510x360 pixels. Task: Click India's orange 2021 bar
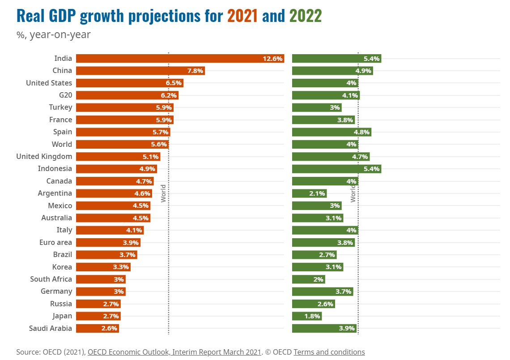click(x=179, y=58)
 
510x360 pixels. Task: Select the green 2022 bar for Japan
click(x=306, y=316)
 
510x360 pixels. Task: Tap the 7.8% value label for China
click(x=195, y=71)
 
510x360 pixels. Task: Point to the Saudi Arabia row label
click(x=51, y=328)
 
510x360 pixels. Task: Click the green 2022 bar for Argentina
click(x=309, y=193)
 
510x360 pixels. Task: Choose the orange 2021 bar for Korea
click(x=103, y=267)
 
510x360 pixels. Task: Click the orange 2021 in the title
click(x=242, y=16)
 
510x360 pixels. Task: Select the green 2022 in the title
click(x=306, y=16)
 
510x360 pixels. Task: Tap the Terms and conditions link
click(x=329, y=352)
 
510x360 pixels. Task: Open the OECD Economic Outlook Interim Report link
click(x=174, y=352)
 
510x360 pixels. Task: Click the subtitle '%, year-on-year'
click(x=54, y=34)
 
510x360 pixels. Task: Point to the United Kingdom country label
click(x=44, y=156)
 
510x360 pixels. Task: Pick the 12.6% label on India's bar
click(x=272, y=59)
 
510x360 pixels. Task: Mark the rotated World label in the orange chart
click(x=163, y=193)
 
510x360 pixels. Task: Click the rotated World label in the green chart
click(x=353, y=193)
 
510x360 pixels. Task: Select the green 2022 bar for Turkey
click(x=316, y=107)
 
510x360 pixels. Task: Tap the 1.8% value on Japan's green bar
click(x=312, y=316)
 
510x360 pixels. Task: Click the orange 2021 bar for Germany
click(x=101, y=291)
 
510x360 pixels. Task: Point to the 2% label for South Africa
click(x=318, y=279)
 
